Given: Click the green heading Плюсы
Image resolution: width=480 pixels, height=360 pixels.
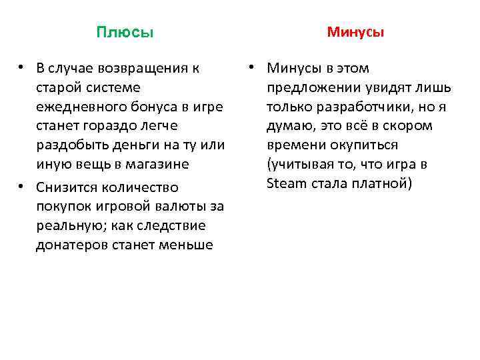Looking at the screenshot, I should pyautogui.click(x=125, y=33).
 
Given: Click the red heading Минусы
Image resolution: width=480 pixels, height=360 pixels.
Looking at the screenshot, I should pyautogui.click(x=355, y=32).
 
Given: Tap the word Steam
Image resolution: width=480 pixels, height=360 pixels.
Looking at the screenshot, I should pyautogui.click(x=285, y=183).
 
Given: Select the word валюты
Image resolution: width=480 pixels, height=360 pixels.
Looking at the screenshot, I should pyautogui.click(x=171, y=207).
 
